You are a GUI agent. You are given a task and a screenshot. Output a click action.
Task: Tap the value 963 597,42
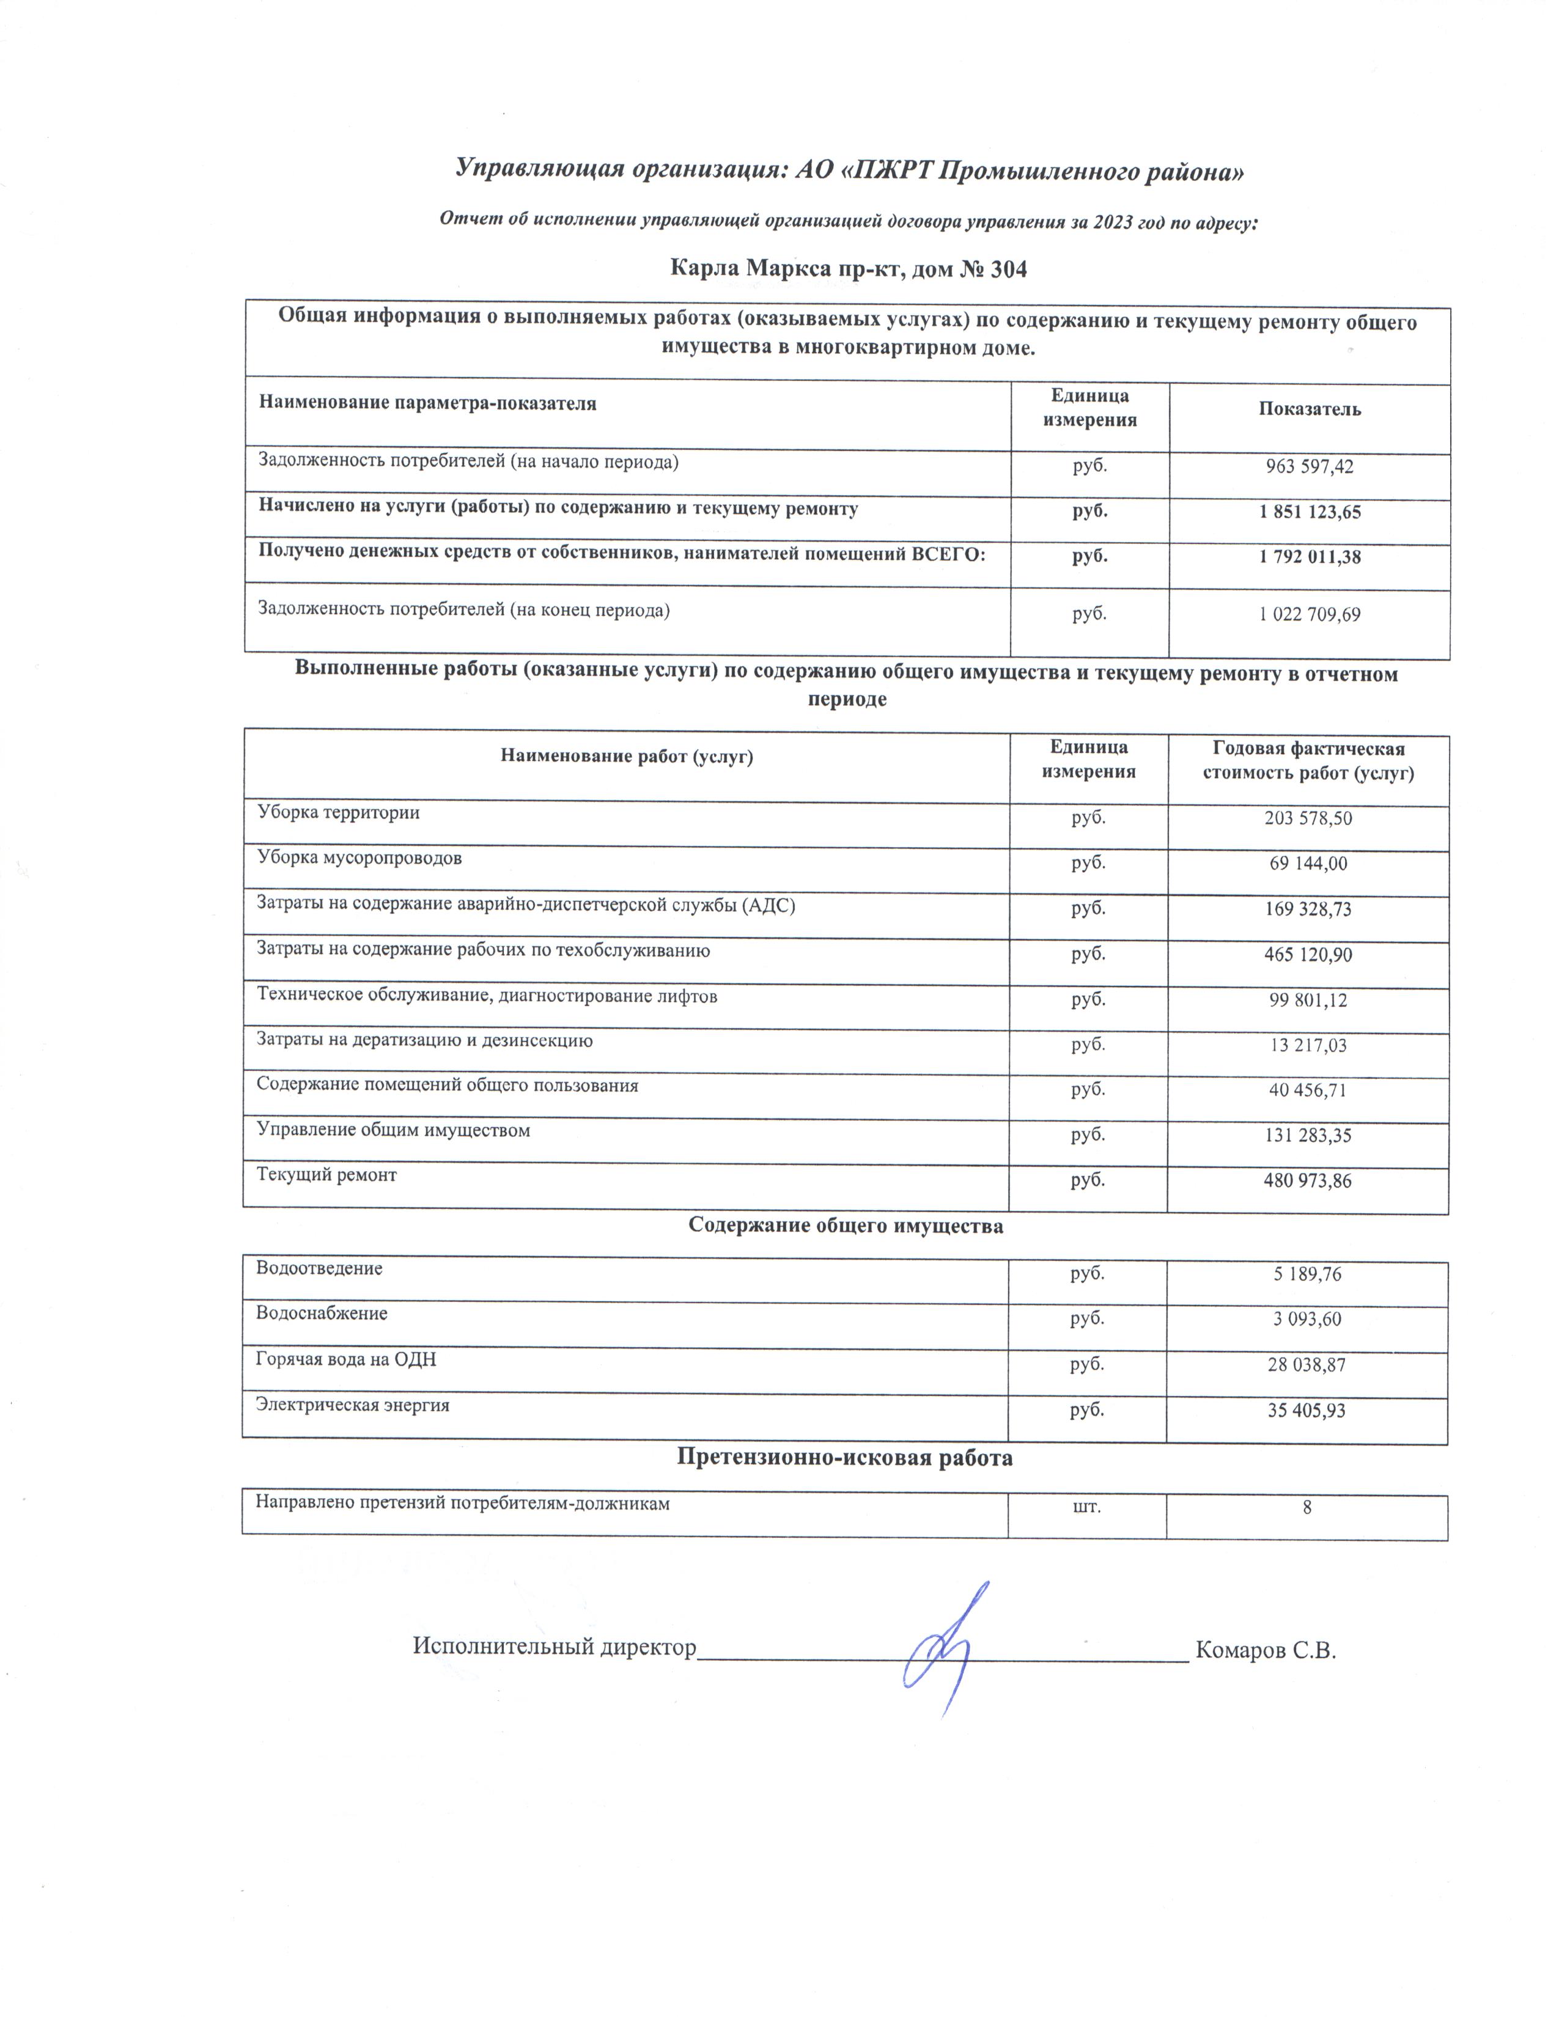1309,466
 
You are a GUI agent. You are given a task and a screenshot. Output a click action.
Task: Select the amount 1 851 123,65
1309,512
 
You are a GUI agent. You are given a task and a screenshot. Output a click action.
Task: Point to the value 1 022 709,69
1309,614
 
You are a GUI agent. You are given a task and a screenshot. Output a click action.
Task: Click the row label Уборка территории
338,813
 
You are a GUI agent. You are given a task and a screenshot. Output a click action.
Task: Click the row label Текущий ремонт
327,1175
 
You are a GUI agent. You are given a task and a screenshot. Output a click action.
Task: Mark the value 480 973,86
1308,1180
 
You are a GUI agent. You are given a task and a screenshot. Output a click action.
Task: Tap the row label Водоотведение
320,1268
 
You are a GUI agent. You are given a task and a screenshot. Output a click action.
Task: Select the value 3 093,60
1307,1319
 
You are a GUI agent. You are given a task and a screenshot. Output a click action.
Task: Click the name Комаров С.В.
1266,1650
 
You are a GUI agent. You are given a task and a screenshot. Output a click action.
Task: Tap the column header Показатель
1309,409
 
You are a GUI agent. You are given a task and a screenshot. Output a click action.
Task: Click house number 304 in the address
1009,270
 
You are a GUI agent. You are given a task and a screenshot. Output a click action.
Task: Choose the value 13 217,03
1308,1045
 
